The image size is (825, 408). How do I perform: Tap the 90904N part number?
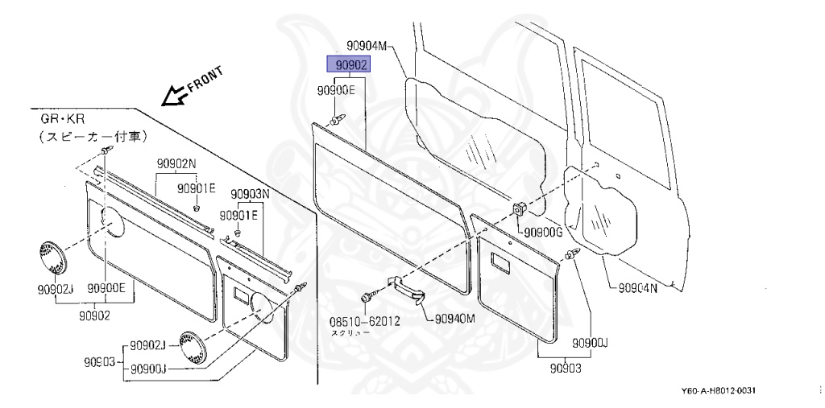pyautogui.click(x=639, y=287)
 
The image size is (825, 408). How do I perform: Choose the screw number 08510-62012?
pyautogui.click(x=365, y=320)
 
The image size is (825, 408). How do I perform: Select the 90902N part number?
pyautogui.click(x=176, y=162)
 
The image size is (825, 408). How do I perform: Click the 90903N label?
pyautogui.click(x=251, y=194)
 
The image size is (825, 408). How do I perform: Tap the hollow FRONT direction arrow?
pyautogui.click(x=172, y=97)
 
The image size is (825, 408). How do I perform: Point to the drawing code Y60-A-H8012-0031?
pyautogui.click(x=719, y=391)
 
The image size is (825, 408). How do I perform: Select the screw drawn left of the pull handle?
pyautogui.click(x=367, y=298)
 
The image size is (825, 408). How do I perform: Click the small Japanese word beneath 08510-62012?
pyautogui.click(x=348, y=333)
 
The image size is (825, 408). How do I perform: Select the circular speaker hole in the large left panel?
pyautogui.click(x=113, y=220)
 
